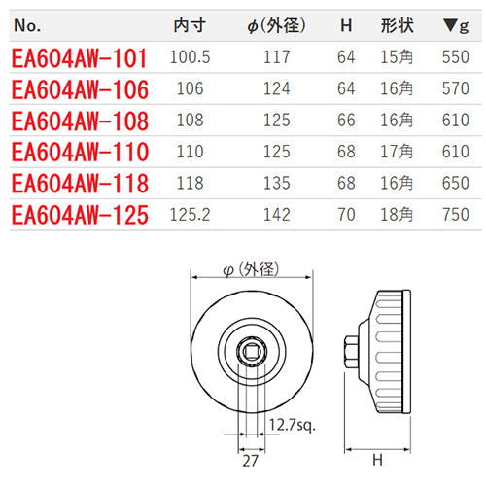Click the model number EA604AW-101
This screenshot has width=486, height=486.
pos(80,58)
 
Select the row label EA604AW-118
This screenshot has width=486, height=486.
pos(80,184)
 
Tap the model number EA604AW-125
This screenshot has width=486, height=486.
pos(80,215)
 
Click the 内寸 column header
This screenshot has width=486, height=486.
pos(190,25)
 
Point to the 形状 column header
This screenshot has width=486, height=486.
pos(397,25)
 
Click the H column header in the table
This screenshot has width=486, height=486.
pos(346,25)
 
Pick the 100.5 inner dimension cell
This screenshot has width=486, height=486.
pos(190,57)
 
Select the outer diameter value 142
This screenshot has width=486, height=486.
pos(276,215)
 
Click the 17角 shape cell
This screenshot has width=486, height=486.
pos(397,152)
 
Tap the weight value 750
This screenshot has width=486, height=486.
pos(456,215)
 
